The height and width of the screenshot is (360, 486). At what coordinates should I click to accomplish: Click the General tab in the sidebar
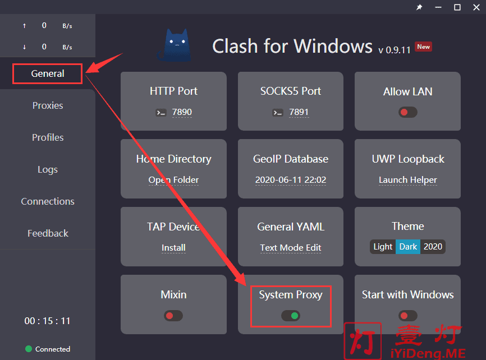48,73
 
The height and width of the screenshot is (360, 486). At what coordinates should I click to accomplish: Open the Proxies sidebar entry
48,105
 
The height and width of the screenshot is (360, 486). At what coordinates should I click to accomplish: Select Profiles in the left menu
48,137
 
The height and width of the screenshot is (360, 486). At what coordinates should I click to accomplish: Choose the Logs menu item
48,170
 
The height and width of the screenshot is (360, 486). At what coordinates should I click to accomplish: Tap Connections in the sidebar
48,202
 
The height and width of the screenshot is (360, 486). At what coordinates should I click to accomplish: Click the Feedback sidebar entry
48,233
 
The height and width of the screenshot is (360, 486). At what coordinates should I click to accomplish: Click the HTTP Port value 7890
182,112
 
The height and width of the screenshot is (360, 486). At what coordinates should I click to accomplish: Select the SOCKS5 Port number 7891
299,112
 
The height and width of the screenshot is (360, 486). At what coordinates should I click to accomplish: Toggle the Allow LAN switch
408,112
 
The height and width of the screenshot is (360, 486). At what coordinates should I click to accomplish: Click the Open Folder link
173,180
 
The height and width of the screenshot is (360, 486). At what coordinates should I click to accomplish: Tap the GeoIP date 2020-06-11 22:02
291,180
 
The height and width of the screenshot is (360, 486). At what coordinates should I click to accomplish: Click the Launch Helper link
408,180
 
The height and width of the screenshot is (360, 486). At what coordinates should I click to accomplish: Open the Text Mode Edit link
291,248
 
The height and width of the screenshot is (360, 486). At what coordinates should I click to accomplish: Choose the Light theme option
383,247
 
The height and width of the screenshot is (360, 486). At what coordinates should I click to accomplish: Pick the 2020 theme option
433,247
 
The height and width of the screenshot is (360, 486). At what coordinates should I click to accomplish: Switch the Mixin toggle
173,316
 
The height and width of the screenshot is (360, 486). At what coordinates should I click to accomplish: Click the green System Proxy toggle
291,316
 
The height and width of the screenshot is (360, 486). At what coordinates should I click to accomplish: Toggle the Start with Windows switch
408,316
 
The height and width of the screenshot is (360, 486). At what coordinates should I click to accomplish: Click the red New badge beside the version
423,47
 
